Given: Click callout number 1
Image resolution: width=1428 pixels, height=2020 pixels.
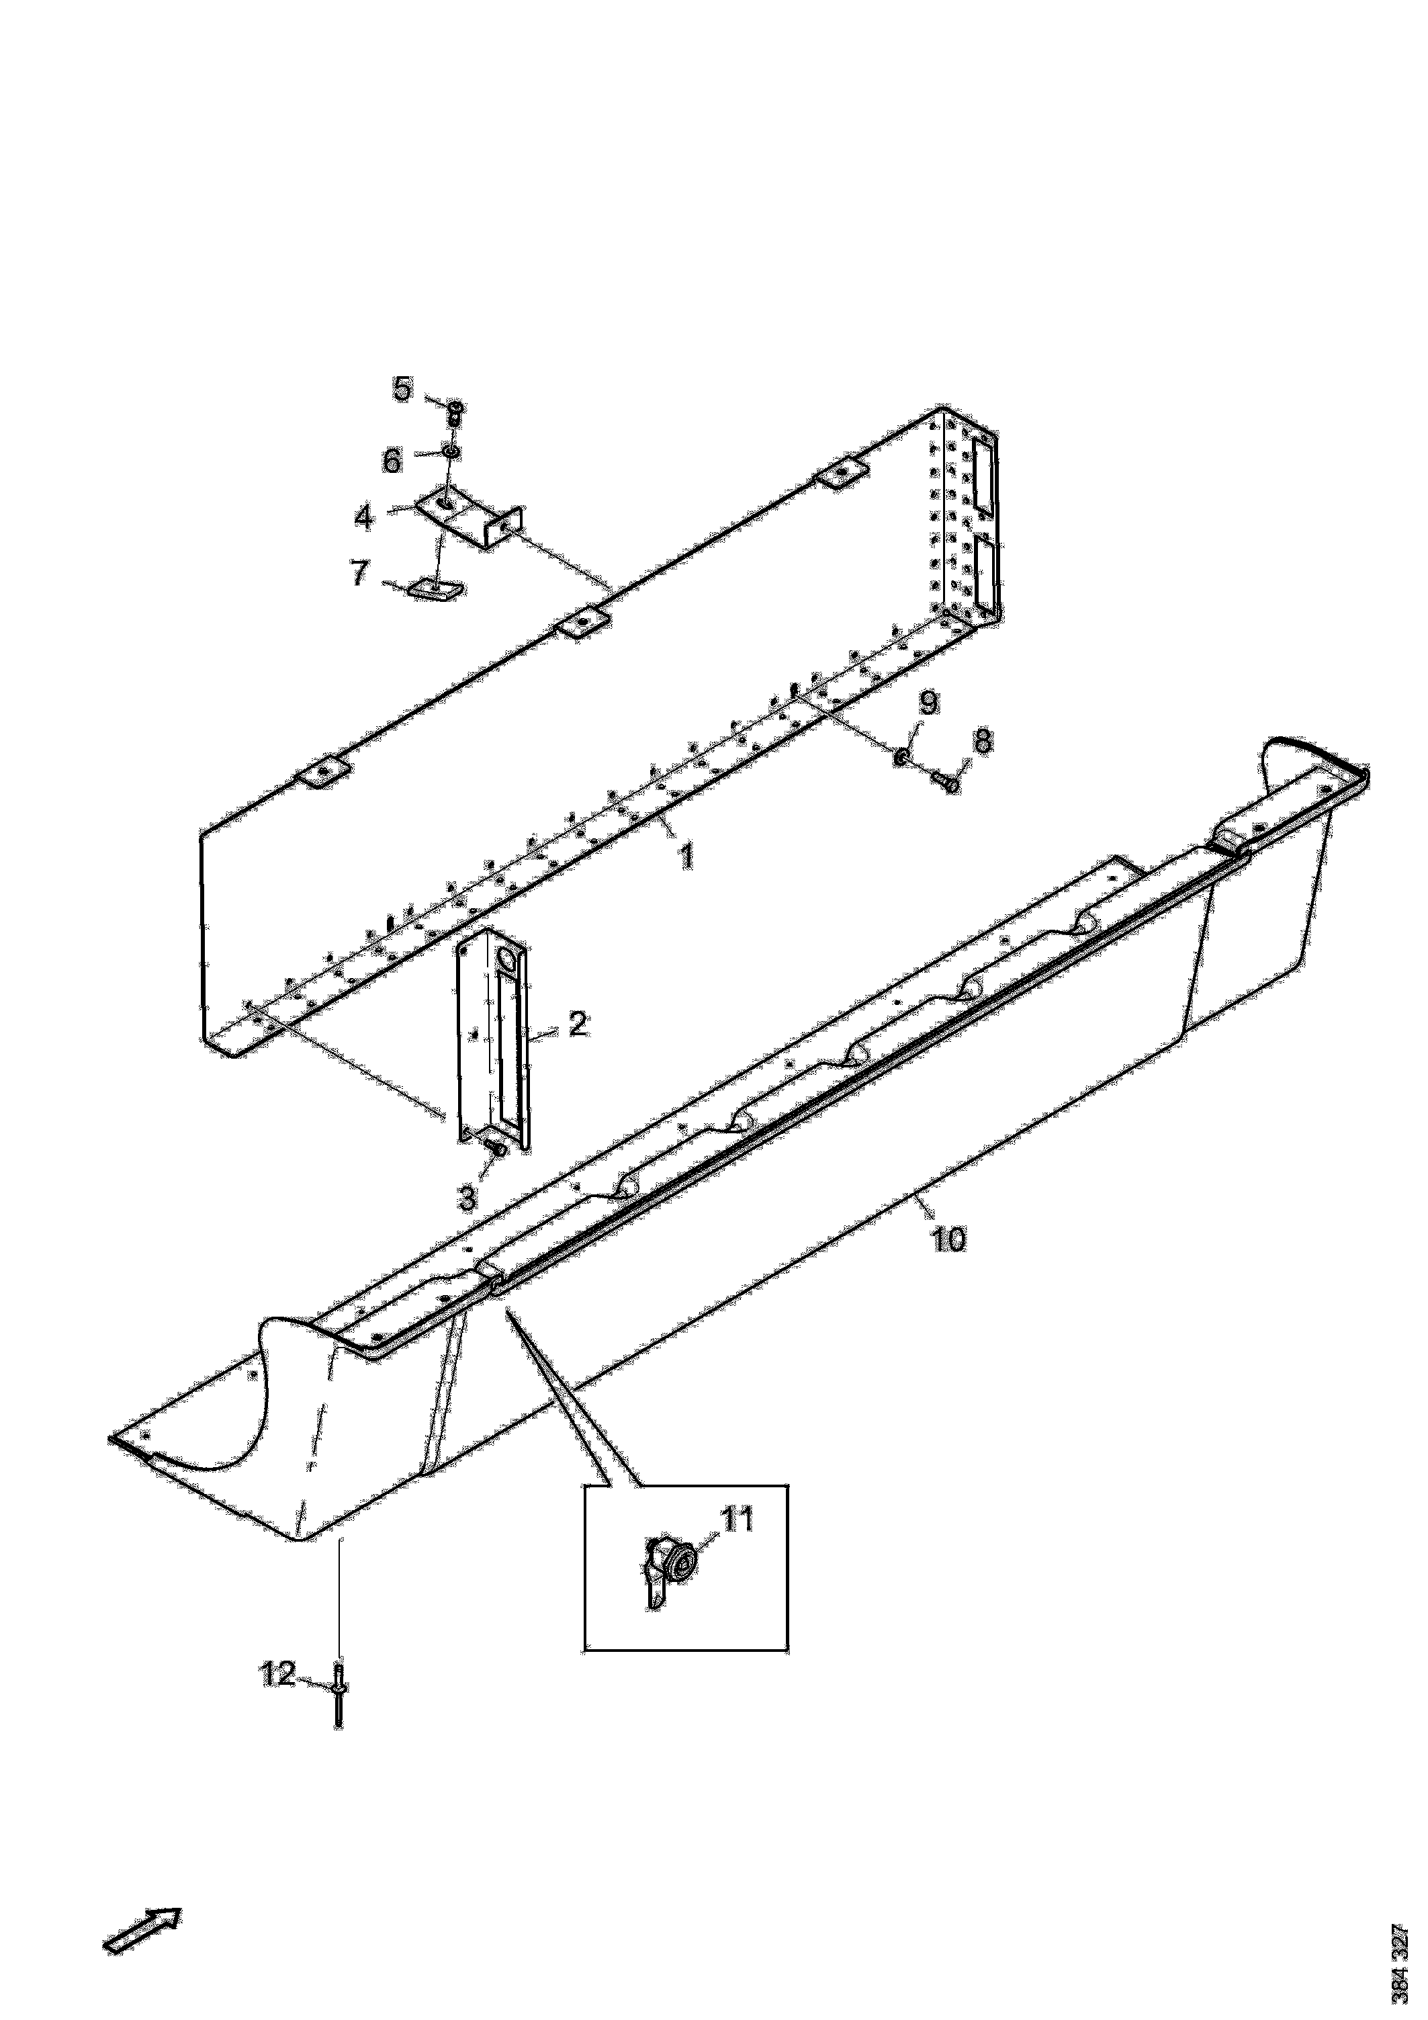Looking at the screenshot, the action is pos(684,855).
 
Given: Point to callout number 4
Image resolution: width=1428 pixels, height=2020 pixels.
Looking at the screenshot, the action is pos(364,517).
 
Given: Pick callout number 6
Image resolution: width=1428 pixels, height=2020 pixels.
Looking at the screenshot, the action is pos(391,460).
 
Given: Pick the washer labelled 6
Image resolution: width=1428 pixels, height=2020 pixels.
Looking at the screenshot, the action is pos(449,452).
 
